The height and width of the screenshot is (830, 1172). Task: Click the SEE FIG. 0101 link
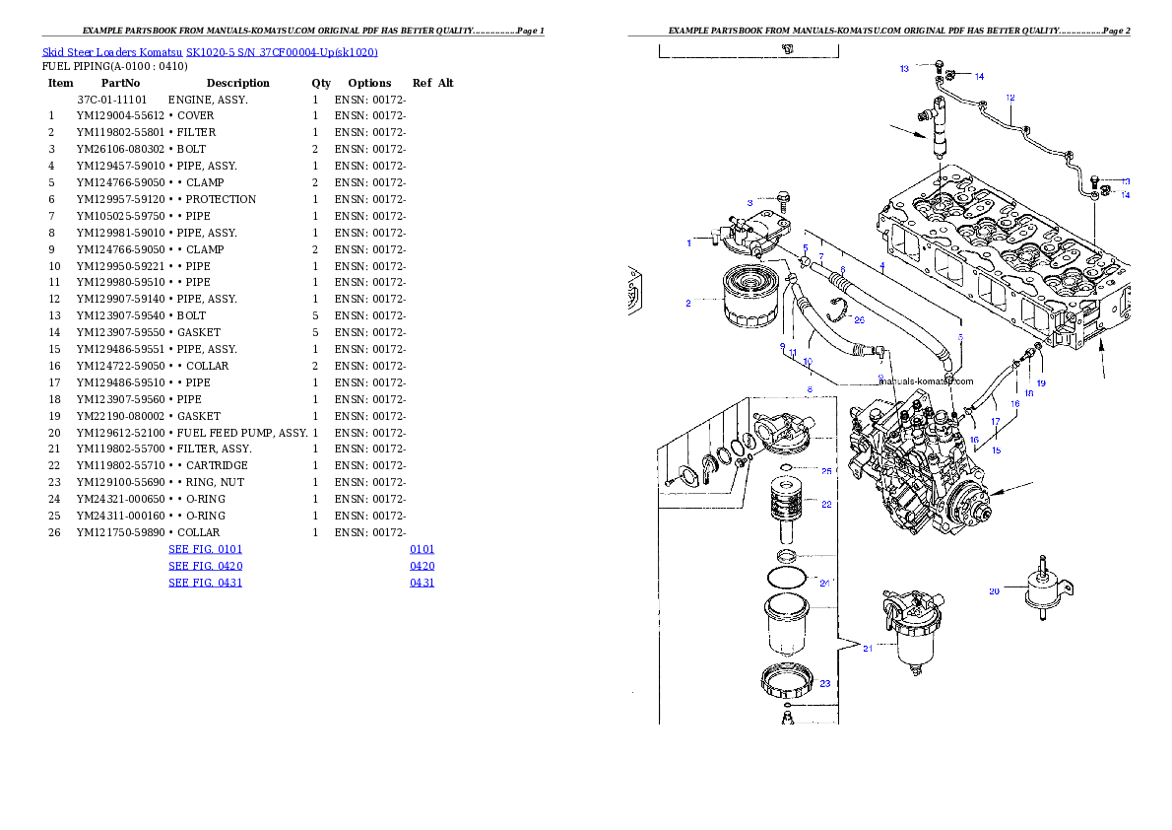coord(205,549)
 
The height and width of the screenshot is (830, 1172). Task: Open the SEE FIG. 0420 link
coord(205,567)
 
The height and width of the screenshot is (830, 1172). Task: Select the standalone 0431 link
coord(423,583)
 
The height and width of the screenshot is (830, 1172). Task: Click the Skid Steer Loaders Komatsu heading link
coord(210,52)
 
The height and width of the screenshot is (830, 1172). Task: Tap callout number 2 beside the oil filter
coord(688,303)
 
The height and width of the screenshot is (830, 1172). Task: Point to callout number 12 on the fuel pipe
coord(1009,98)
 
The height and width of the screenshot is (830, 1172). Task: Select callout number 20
coord(995,591)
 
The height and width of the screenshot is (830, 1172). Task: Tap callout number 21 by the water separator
coord(868,648)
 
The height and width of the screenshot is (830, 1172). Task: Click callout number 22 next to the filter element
coord(826,504)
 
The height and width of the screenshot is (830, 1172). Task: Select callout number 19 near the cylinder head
coord(1040,382)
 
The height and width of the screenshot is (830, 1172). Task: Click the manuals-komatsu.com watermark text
coord(925,381)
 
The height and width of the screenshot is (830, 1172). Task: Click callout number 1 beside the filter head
coord(688,242)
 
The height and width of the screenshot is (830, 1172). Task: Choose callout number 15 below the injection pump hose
coord(996,450)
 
